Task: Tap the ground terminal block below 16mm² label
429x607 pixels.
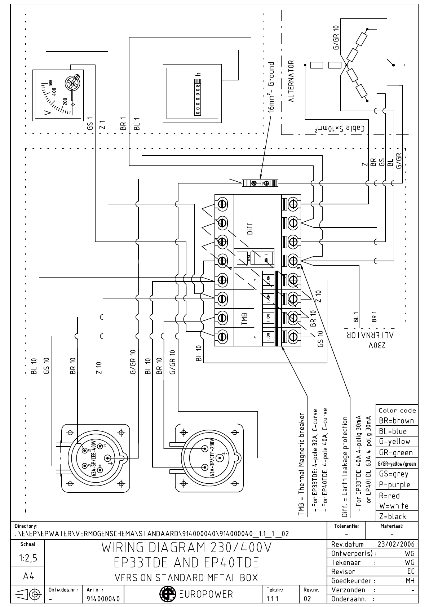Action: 260,183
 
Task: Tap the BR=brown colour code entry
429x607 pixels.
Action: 397,421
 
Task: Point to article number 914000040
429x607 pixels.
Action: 103,599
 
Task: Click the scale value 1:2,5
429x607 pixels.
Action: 28,558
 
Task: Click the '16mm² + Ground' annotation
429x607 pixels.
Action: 271,87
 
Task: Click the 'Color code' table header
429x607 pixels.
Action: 397,410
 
